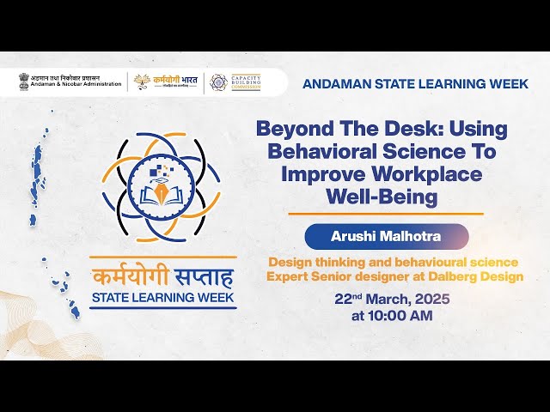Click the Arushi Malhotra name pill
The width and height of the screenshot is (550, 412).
[x=387, y=236]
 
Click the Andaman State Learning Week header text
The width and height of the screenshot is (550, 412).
[x=415, y=84]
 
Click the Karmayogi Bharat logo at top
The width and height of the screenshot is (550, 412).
[x=171, y=82]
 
